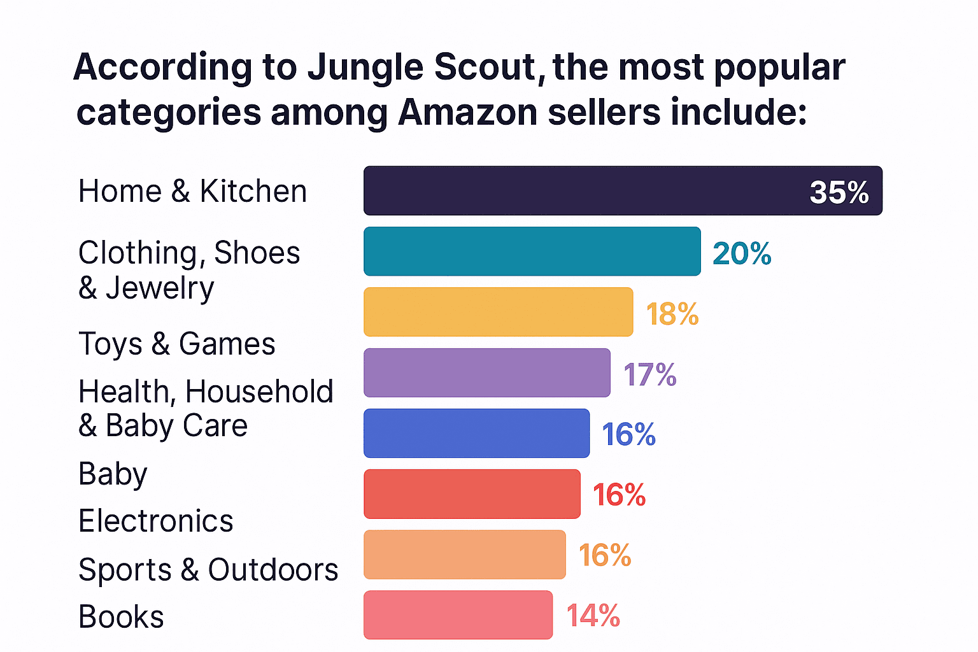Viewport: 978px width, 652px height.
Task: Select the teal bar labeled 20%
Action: tap(532, 252)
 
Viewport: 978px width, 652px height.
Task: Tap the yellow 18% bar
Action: tap(498, 312)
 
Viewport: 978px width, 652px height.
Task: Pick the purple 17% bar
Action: tap(486, 372)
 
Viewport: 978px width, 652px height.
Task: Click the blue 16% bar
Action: tap(476, 433)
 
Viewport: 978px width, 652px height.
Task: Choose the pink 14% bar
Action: tap(458, 615)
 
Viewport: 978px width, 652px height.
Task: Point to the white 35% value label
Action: tap(839, 192)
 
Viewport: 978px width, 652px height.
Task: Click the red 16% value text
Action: tap(619, 495)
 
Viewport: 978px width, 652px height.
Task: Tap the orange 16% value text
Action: tap(605, 555)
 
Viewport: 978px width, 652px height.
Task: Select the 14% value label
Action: tap(593, 616)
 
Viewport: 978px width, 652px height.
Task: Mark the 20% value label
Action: tap(742, 253)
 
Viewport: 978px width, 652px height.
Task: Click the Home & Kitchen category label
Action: tap(192, 191)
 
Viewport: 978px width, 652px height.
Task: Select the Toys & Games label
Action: tap(176, 344)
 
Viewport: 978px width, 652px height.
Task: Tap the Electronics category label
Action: tap(155, 521)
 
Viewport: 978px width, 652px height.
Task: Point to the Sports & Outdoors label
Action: tap(208, 569)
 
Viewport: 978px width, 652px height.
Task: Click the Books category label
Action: tap(121, 617)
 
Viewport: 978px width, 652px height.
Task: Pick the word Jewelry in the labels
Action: tap(160, 288)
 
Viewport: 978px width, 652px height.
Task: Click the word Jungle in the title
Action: tap(365, 67)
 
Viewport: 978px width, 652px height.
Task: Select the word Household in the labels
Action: tap(259, 392)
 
